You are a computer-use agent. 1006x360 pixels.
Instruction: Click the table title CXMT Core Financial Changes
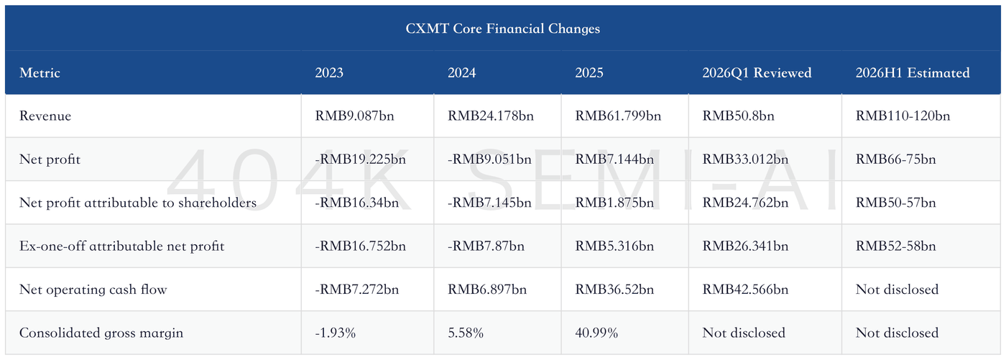point(502,29)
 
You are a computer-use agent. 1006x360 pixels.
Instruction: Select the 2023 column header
point(329,73)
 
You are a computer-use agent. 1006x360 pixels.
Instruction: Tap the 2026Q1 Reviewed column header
point(757,73)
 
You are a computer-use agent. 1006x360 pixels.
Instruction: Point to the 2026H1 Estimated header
point(912,73)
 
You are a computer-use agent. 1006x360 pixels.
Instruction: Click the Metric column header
point(40,73)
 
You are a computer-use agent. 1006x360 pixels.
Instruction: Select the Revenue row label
point(45,116)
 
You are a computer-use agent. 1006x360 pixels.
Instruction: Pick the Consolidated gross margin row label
point(101,333)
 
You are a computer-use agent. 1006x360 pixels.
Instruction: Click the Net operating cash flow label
point(93,290)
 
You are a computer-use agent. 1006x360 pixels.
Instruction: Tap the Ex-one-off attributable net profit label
point(121,246)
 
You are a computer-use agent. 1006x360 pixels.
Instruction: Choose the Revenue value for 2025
point(618,116)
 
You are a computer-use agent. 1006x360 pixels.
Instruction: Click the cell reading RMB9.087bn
point(354,116)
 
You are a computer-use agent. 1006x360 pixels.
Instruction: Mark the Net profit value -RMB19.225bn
point(360,160)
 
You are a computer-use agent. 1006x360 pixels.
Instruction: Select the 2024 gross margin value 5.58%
point(466,333)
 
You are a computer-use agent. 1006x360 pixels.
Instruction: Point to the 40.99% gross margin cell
point(596,333)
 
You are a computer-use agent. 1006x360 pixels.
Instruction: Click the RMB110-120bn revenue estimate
point(903,116)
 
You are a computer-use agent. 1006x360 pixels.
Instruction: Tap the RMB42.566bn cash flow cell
point(745,290)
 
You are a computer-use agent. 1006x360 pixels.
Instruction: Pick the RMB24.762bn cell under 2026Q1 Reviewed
point(745,203)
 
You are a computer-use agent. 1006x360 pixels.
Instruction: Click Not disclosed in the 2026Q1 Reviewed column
point(744,333)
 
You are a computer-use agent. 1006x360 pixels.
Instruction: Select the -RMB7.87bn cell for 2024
point(486,246)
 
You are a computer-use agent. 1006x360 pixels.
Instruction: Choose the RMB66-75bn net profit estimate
point(895,160)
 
